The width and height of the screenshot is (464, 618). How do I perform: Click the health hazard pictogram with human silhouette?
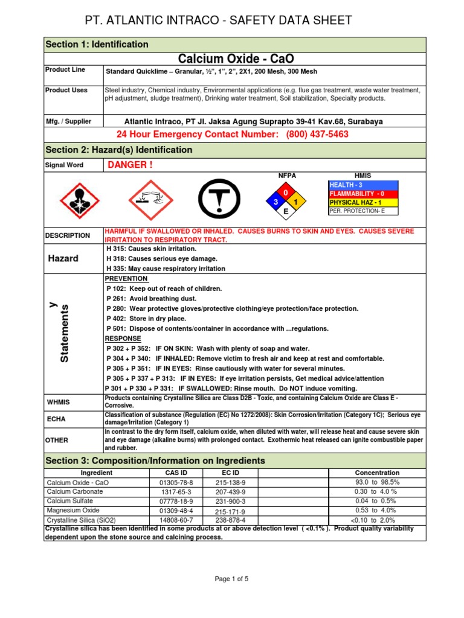(x=77, y=200)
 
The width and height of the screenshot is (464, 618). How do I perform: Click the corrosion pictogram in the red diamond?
(x=149, y=200)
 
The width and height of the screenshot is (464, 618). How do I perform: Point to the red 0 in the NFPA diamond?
(x=286, y=191)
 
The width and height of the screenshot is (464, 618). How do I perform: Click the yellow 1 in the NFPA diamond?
(x=296, y=202)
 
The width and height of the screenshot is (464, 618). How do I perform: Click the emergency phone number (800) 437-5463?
(x=317, y=134)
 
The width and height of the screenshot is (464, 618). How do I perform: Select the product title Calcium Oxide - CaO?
(x=235, y=59)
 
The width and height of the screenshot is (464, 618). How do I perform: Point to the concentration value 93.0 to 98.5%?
(x=377, y=482)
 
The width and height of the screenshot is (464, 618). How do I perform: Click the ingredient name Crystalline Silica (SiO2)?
(x=81, y=520)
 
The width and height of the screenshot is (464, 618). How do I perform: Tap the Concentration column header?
(x=377, y=473)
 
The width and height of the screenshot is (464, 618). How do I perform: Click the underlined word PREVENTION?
(x=126, y=279)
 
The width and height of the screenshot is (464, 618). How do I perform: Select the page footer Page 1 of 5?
(x=232, y=579)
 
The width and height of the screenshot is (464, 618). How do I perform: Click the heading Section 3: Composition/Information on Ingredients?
(x=155, y=460)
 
